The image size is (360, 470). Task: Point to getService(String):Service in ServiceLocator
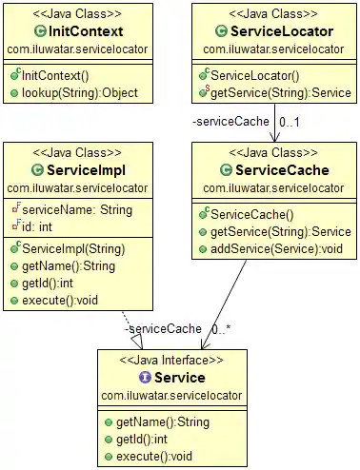(x=280, y=93)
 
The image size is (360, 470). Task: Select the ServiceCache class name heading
(x=276, y=170)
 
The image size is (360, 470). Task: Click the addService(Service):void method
(x=274, y=249)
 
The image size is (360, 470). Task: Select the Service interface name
(x=173, y=377)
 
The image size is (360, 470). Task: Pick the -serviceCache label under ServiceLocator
(x=223, y=122)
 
